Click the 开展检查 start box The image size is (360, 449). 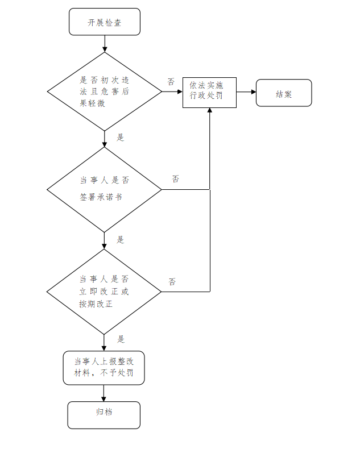coord(104,23)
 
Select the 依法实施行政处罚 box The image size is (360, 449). coord(209,93)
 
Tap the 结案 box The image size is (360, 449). coord(284,93)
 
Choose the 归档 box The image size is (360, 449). coord(104,415)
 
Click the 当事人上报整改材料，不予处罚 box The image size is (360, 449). coord(104,368)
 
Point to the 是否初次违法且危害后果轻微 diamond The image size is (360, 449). coord(104,92)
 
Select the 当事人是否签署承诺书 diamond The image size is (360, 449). coord(104,189)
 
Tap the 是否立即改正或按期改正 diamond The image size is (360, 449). coord(104,292)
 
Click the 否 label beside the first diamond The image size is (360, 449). coord(171,81)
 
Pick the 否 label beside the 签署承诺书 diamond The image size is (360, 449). coord(176,178)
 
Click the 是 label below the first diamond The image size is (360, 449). coord(121,137)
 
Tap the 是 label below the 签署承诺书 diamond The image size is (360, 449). coord(121,239)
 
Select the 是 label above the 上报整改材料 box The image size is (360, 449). coord(121,339)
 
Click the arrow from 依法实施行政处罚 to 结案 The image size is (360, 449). coord(246,92)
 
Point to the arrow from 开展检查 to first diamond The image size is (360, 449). coord(104,44)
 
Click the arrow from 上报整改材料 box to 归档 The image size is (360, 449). coord(104,393)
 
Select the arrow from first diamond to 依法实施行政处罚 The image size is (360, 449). coord(172,92)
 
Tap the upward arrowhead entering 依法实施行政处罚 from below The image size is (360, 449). coord(210,111)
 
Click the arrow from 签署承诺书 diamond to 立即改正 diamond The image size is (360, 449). coord(104,240)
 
